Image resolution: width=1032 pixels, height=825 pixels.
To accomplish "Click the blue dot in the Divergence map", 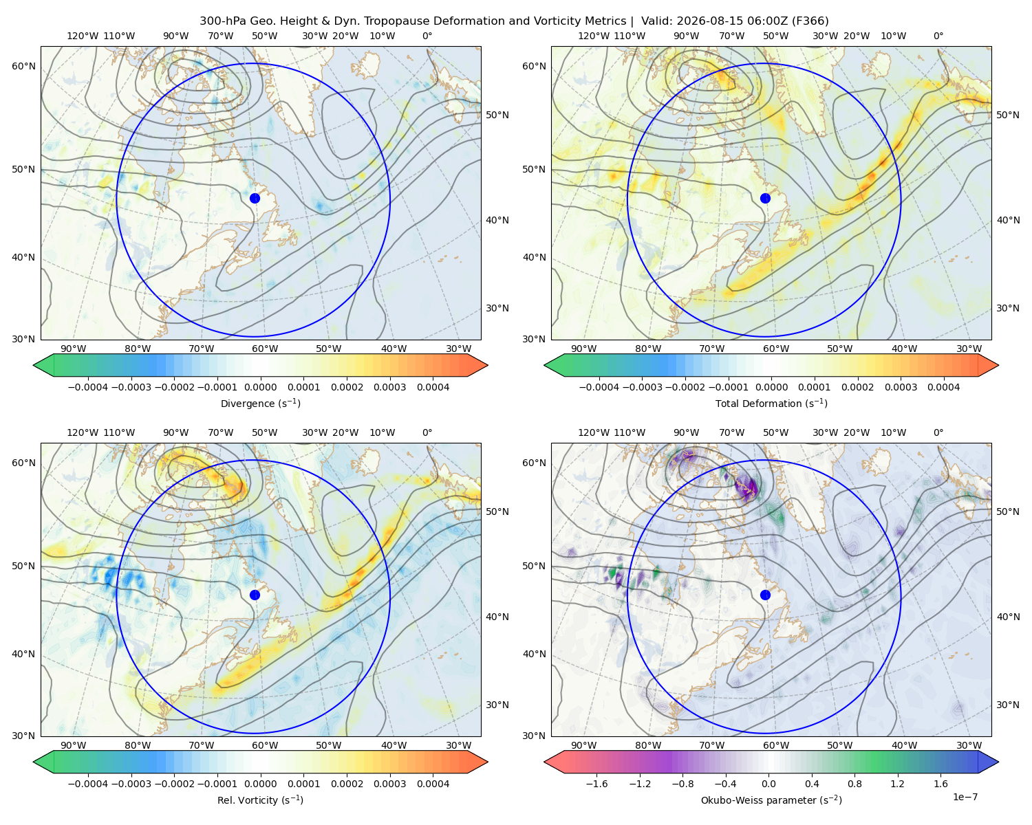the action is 255,198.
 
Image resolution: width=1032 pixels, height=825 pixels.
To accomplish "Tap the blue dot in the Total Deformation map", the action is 765,198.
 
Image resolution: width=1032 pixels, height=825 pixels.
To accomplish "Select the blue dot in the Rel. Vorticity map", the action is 255,595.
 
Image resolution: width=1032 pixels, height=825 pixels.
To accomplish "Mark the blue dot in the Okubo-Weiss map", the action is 765,595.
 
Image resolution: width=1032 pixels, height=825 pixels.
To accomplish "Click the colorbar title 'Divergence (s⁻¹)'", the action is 260,403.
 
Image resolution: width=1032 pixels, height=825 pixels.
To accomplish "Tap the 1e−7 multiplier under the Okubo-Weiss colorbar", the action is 965,797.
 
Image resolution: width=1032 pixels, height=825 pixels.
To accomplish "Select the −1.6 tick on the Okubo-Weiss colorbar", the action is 596,783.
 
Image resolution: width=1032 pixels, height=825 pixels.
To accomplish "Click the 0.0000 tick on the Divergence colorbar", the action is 260,387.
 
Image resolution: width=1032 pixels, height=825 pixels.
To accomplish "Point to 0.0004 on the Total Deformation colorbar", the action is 943,387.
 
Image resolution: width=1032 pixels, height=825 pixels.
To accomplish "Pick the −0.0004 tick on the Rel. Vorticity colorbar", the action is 88,783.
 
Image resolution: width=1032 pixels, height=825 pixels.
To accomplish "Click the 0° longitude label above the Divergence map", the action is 427,36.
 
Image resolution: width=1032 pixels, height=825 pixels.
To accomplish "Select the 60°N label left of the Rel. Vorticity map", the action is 23,463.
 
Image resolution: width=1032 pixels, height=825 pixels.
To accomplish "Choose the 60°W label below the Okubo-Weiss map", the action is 775,745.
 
